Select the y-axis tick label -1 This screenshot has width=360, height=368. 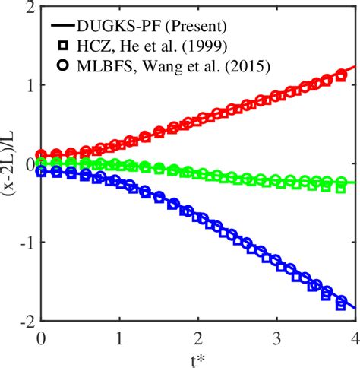tap(25, 243)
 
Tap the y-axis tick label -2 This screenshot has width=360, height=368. tap(25, 322)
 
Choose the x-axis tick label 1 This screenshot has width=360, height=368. tap(119, 337)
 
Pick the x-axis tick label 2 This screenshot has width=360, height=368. tap(198, 337)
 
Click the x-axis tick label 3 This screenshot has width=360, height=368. tap(277, 337)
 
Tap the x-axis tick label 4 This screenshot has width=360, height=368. tap(355, 337)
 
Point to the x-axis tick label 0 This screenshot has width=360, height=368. tap(42, 337)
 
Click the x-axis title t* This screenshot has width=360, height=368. tap(199, 357)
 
